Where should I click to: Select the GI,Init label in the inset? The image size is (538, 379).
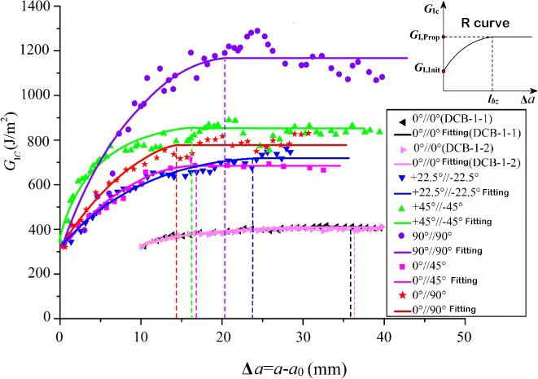click(426, 71)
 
